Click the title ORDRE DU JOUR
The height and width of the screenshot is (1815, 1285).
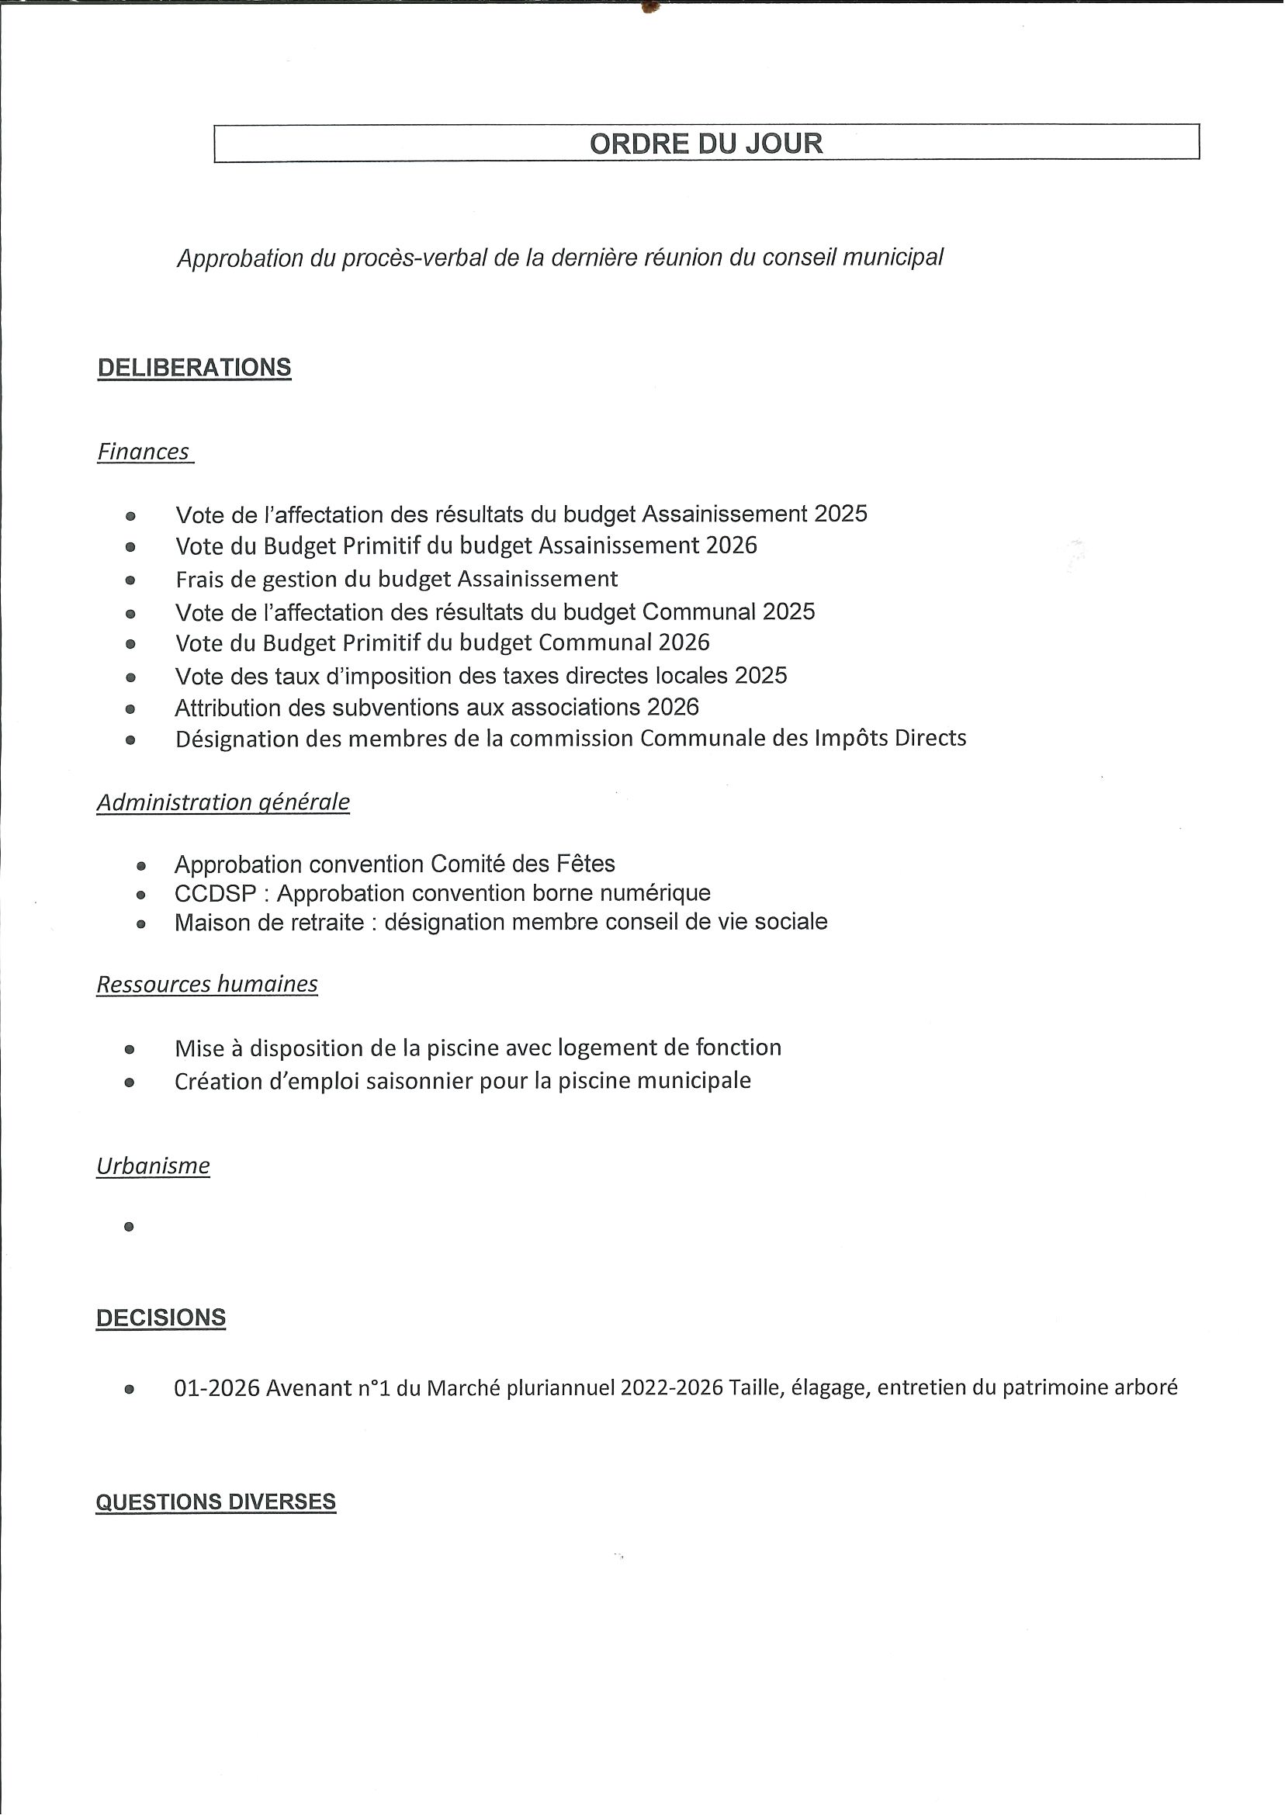[x=706, y=144]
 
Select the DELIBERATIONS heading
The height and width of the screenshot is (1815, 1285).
[x=194, y=368]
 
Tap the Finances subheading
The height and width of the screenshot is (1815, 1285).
[x=144, y=452]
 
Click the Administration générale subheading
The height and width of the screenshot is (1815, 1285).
[x=223, y=802]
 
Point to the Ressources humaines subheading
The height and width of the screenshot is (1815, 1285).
[x=207, y=984]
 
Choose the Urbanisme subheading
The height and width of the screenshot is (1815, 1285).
[x=154, y=1166]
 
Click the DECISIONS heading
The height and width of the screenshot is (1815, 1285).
[x=161, y=1318]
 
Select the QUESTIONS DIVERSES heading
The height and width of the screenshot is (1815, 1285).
[x=216, y=1502]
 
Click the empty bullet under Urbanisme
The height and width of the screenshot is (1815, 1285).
[x=129, y=1227]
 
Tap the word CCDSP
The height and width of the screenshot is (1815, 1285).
[x=215, y=893]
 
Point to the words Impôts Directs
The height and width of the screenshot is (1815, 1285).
[x=890, y=738]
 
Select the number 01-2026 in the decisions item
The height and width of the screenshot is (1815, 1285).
[x=216, y=1388]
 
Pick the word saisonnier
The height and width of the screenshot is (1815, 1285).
[x=419, y=1082]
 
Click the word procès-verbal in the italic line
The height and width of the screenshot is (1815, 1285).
[x=414, y=258]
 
